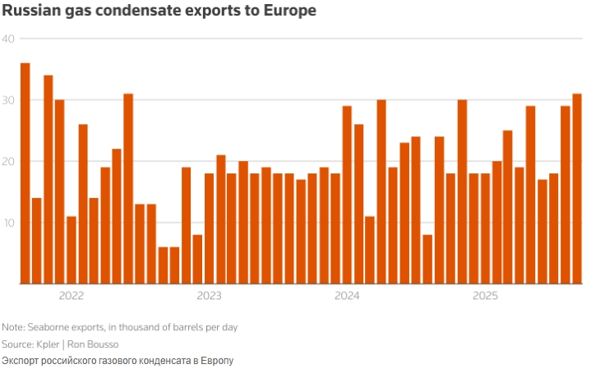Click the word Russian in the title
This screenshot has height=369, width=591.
pyautogui.click(x=30, y=12)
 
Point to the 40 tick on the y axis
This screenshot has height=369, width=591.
pyautogui.click(x=8, y=39)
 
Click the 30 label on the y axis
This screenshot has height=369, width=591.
pyautogui.click(x=8, y=100)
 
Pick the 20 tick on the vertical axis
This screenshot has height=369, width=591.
pyautogui.click(x=8, y=161)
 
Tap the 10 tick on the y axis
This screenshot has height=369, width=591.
pyautogui.click(x=8, y=223)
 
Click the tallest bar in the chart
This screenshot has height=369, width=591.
pyautogui.click(x=25, y=173)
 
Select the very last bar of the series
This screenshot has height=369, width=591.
pyautogui.click(x=577, y=189)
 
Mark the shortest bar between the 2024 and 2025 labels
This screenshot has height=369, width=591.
pyautogui.click(x=427, y=259)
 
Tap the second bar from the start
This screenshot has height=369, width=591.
pyautogui.click(x=37, y=241)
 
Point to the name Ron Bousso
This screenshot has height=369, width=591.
pyautogui.click(x=95, y=344)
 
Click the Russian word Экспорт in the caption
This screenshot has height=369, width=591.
pyautogui.click(x=21, y=361)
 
